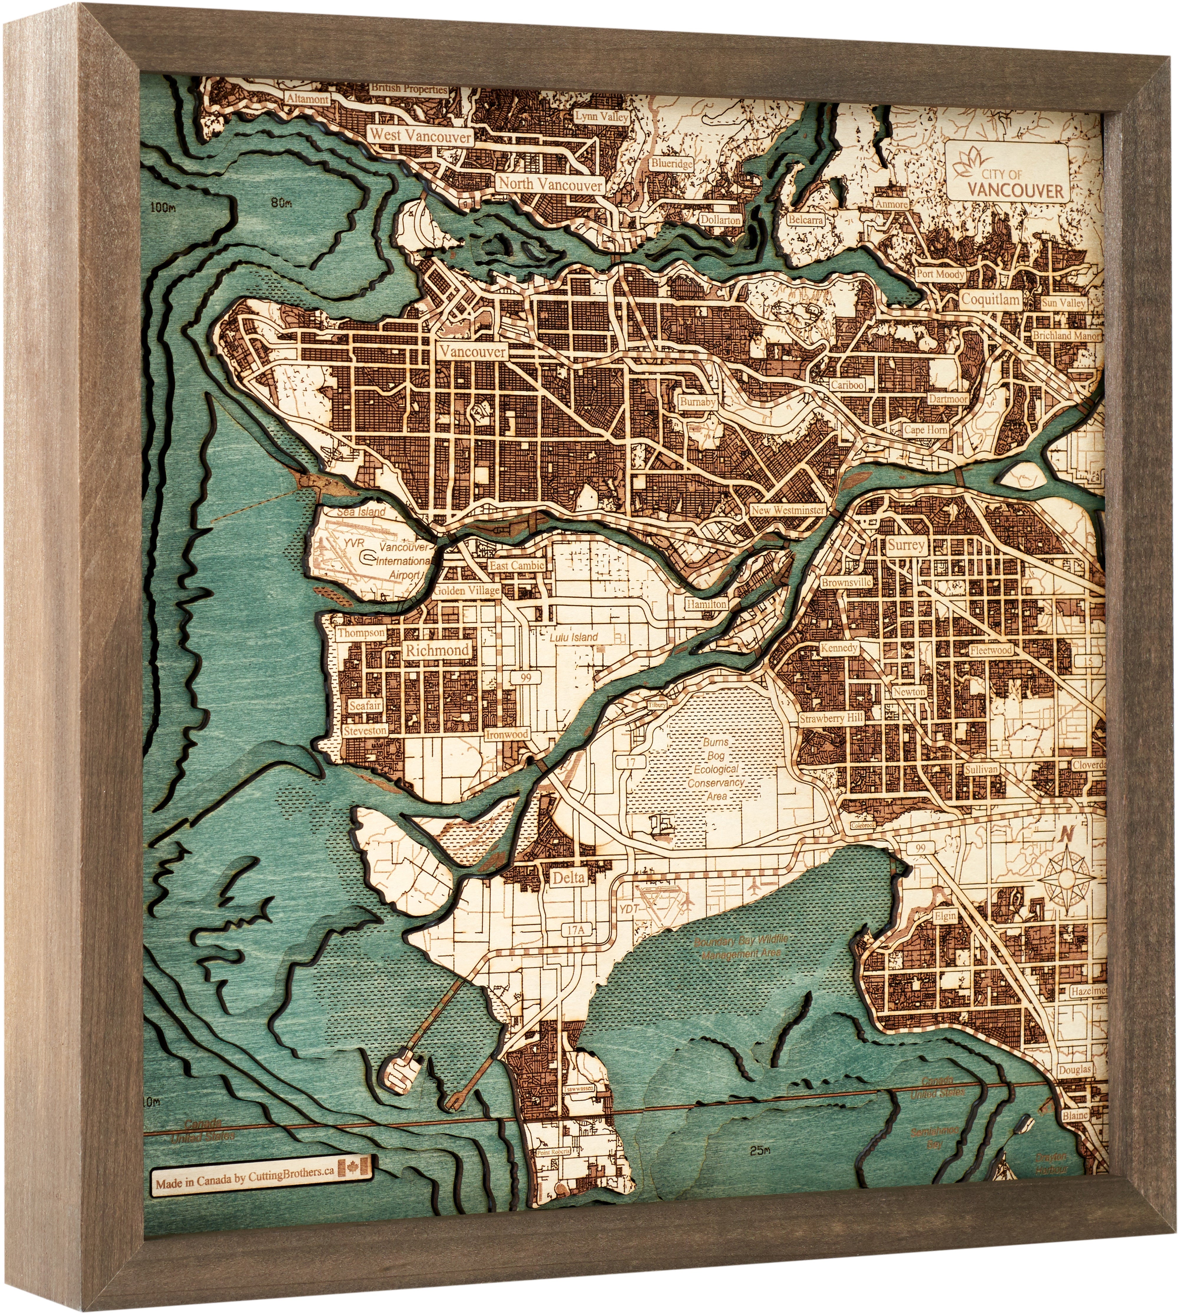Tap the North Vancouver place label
[550, 184]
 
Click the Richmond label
[437, 650]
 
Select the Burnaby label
[697, 402]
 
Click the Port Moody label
[940, 274]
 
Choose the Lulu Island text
[573, 637]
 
